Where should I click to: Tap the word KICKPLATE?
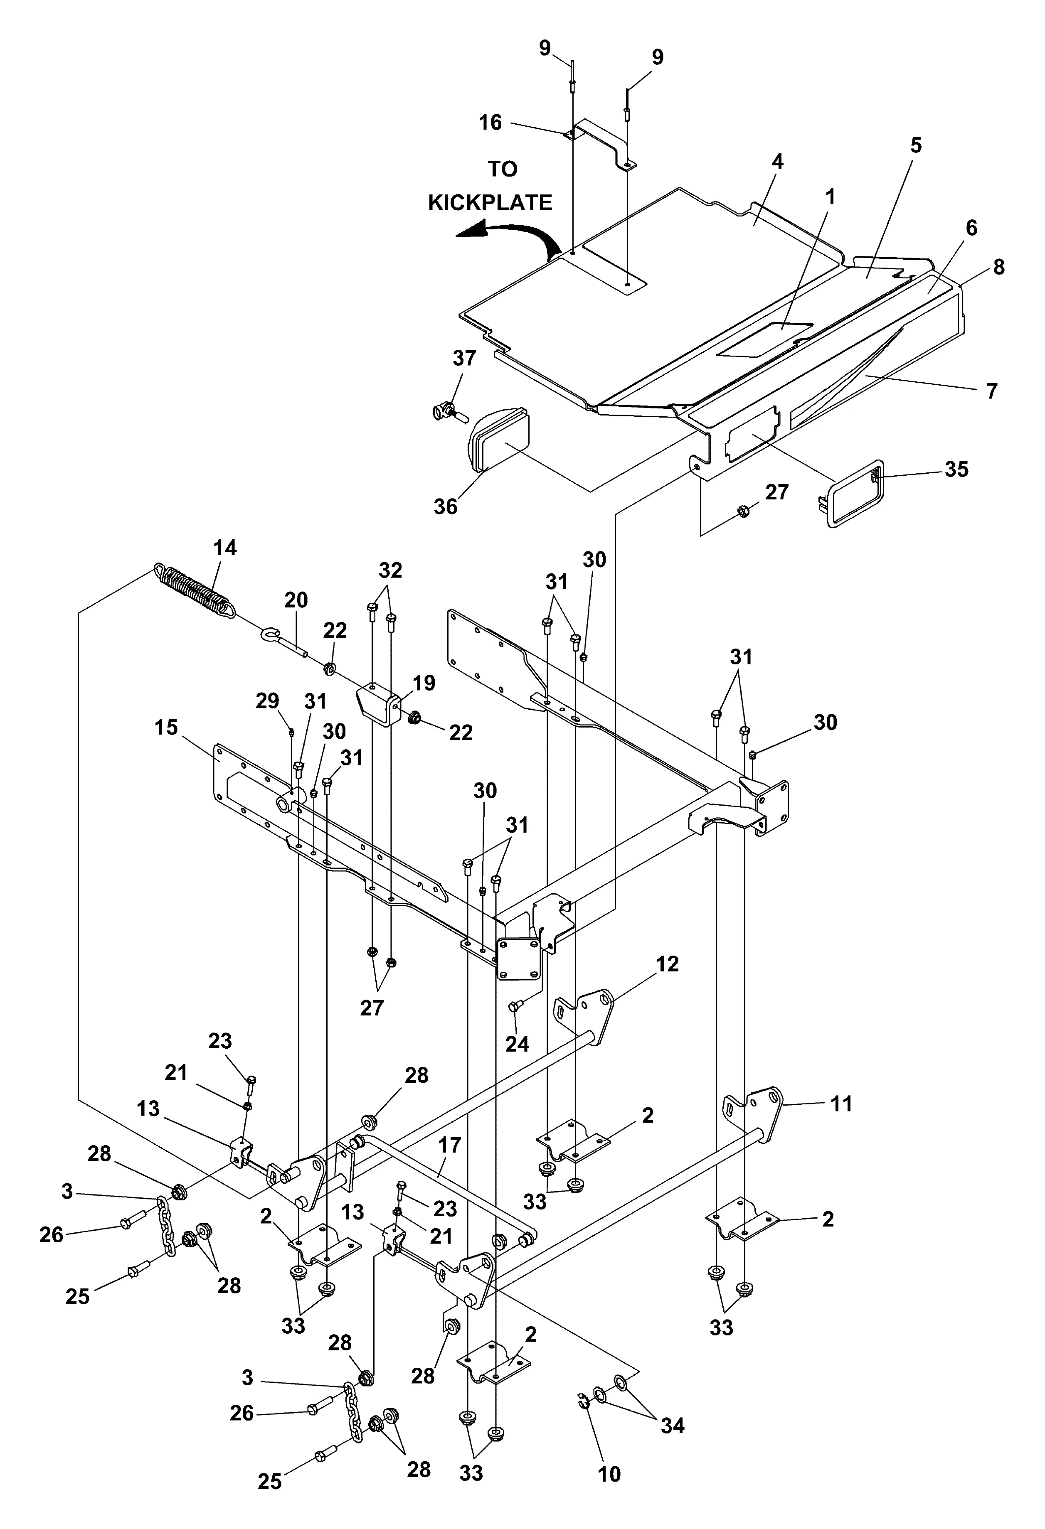(x=490, y=203)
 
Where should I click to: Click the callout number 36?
(x=446, y=506)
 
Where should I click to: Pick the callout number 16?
(x=490, y=123)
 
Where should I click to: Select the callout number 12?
(x=667, y=964)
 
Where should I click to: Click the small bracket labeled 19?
(x=380, y=703)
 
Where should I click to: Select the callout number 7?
(x=992, y=391)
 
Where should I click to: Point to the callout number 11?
(x=841, y=1103)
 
